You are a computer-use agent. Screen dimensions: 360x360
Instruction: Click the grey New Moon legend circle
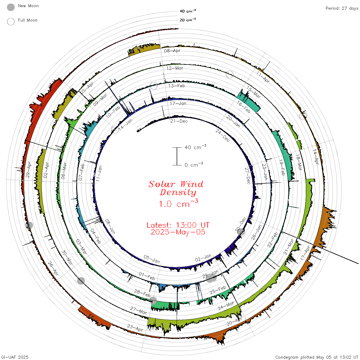click(x=11, y=7)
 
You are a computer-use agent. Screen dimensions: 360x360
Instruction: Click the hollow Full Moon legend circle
click(x=11, y=22)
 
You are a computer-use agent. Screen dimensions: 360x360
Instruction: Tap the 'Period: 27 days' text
click(x=342, y=8)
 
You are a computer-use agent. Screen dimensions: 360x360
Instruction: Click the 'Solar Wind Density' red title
click(x=176, y=188)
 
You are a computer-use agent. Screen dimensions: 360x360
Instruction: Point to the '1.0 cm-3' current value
click(x=178, y=203)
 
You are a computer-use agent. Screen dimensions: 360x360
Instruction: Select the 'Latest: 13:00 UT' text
click(x=178, y=225)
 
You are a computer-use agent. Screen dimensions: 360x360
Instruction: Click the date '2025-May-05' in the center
click(x=178, y=232)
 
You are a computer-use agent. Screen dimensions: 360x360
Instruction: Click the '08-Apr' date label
click(x=172, y=51)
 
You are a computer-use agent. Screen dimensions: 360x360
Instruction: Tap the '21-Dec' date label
click(x=179, y=121)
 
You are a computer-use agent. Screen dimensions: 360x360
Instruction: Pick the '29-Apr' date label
click(x=28, y=169)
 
